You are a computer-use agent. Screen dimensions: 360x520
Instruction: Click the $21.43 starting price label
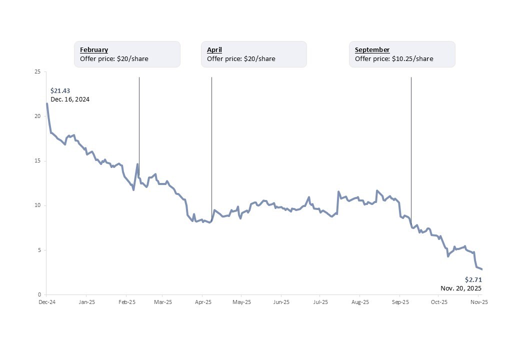click(x=60, y=90)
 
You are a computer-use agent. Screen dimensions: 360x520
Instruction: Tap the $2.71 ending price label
click(x=473, y=279)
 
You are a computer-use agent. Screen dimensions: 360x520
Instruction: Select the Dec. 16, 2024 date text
click(x=70, y=99)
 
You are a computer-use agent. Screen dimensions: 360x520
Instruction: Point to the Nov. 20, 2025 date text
click(x=461, y=288)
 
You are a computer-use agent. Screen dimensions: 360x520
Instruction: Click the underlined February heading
click(x=94, y=49)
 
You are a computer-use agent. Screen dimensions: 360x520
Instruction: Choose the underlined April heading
click(x=214, y=49)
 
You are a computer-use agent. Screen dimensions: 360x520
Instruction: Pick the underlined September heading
click(x=372, y=49)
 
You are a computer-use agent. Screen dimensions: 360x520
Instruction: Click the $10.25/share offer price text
click(x=394, y=58)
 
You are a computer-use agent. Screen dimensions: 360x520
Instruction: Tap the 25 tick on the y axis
click(x=37, y=72)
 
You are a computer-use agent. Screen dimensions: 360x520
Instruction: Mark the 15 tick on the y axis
click(x=37, y=161)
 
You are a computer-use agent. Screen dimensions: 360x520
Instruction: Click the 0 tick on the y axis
click(x=39, y=294)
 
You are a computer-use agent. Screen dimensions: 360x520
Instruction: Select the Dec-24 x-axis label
click(x=46, y=302)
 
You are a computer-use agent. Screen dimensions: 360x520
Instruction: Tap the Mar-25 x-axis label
click(x=163, y=302)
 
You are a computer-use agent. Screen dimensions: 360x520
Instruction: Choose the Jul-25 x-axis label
click(x=320, y=302)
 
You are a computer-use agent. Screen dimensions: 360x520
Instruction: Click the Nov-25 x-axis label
click(x=479, y=302)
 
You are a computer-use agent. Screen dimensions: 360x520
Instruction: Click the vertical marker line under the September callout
click(x=411, y=145)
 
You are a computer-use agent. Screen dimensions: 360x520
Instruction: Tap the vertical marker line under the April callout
click(x=211, y=145)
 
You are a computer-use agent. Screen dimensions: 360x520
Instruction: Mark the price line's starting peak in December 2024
click(x=47, y=103)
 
